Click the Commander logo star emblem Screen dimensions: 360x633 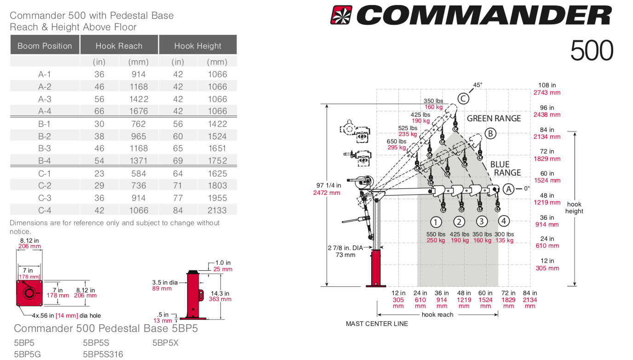pyautogui.click(x=341, y=15)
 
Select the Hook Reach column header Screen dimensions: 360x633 pyautogui.click(x=119, y=46)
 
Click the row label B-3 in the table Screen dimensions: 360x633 pyautogui.click(x=45, y=149)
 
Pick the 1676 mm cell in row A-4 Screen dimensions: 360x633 pyautogui.click(x=138, y=111)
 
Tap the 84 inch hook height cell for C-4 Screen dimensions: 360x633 pyautogui.click(x=178, y=210)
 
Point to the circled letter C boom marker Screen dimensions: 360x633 pyautogui.click(x=463, y=98)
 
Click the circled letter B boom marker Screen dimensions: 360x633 pyautogui.click(x=490, y=134)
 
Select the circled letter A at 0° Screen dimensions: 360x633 pyautogui.click(x=508, y=189)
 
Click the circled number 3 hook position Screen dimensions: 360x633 pyautogui.click(x=481, y=221)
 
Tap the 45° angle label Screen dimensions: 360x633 pyautogui.click(x=478, y=85)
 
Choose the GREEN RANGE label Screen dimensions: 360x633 pyautogui.click(x=494, y=119)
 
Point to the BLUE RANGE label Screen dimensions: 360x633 pyautogui.click(x=505, y=168)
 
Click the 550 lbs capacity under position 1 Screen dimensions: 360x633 pyautogui.click(x=436, y=234)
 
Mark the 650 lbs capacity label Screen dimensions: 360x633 pyautogui.click(x=397, y=142)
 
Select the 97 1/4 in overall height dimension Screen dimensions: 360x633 pyautogui.click(x=327, y=185)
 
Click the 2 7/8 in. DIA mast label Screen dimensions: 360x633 pyautogui.click(x=345, y=248)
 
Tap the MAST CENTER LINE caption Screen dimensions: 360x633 pyautogui.click(x=377, y=324)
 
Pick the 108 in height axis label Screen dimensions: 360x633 pyautogui.click(x=547, y=85)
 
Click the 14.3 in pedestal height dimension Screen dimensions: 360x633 pyautogui.click(x=220, y=293)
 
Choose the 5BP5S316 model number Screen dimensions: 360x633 pyautogui.click(x=103, y=354)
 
